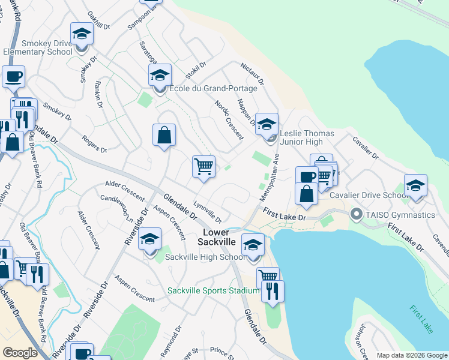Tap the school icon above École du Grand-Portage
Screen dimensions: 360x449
tap(160, 76)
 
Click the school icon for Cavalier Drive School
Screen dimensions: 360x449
tap(415, 186)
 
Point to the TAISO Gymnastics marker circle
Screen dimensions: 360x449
tap(356, 214)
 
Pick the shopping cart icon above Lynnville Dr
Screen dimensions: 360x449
tap(204, 166)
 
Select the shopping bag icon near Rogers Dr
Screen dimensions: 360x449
tap(164, 135)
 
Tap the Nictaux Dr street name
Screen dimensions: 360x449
tap(252, 73)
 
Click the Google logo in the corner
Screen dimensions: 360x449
tap(20, 353)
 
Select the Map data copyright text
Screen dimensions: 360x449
tap(412, 355)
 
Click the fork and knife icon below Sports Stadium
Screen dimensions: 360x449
tap(273, 291)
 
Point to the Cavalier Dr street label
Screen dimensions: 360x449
tap(366, 147)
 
